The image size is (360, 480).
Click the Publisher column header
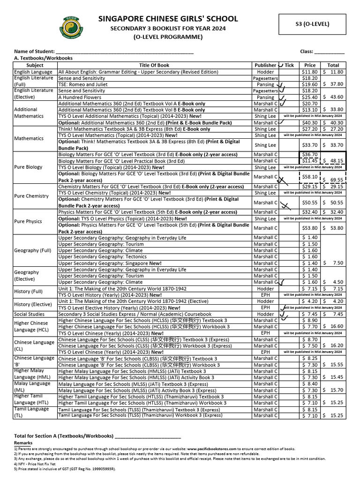[265, 65]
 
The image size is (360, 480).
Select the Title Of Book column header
[154, 65]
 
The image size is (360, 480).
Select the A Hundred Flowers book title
[80, 97]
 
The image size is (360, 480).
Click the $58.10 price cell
[310, 177]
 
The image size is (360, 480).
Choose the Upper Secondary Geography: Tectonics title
[103, 257]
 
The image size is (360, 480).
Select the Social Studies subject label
[30, 314]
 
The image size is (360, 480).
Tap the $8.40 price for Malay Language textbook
[310, 383]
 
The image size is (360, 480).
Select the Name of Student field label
[34, 51]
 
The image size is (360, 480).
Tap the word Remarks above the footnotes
[23, 442]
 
